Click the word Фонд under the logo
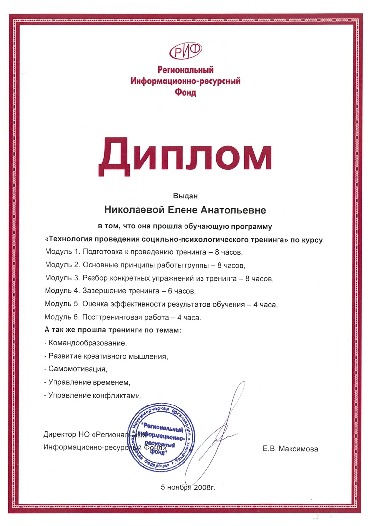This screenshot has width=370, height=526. coord(185,92)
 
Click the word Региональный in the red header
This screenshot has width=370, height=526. coord(185,70)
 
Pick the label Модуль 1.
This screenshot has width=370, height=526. coord(61,252)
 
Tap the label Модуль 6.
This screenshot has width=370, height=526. coord(61,317)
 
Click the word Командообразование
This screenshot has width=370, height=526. coord(87,342)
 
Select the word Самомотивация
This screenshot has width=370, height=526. coord(77,368)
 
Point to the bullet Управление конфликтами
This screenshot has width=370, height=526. coord(94,395)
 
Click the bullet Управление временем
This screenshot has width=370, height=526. coord(89,382)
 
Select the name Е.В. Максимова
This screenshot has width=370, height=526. coord(290,449)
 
